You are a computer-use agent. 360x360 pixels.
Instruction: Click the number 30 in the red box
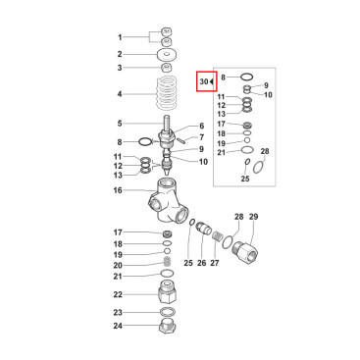pyautogui.click(x=204, y=81)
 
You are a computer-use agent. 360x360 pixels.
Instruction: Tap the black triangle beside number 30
pyautogui.click(x=212, y=81)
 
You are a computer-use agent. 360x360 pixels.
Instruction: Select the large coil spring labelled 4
pyautogui.click(x=166, y=93)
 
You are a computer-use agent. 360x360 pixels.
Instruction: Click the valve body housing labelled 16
pyautogui.click(x=169, y=200)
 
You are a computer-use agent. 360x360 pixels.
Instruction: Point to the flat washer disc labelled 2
pyautogui.click(x=167, y=54)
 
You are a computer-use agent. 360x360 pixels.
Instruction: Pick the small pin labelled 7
pyautogui.click(x=181, y=139)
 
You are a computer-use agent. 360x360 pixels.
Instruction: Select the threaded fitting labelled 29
pyautogui.click(x=244, y=250)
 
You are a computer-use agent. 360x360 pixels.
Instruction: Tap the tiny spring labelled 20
pyautogui.click(x=167, y=261)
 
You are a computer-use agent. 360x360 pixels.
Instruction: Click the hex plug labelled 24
pyautogui.click(x=168, y=327)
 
